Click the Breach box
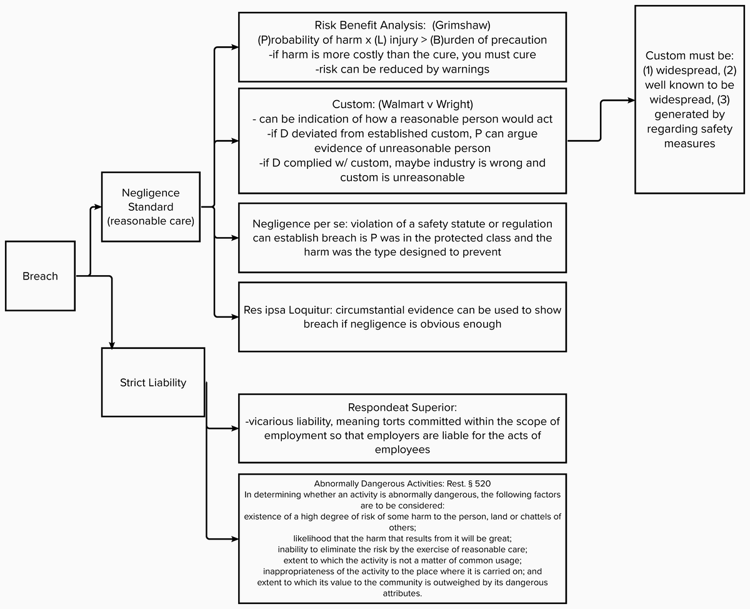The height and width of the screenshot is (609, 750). tap(40, 276)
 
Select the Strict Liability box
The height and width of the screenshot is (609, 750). tap(153, 383)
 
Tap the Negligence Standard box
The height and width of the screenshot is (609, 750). tap(151, 207)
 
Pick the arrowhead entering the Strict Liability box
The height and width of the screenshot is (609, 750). tap(112, 345)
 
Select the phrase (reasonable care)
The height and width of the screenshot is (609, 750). tap(151, 221)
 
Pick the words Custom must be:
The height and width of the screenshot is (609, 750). tap(689, 56)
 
